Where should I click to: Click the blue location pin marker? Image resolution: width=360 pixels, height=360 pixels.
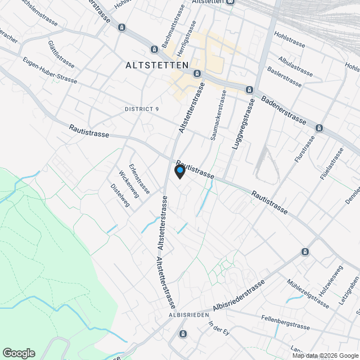pyautogui.click(x=179, y=171)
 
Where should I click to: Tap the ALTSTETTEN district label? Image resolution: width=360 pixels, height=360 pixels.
pyautogui.click(x=155, y=65)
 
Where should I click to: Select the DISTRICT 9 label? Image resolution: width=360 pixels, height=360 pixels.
pyautogui.click(x=142, y=109)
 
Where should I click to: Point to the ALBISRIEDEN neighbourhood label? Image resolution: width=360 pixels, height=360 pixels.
pyautogui.click(x=189, y=314)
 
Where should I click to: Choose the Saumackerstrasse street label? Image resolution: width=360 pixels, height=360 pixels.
pyautogui.click(x=219, y=115)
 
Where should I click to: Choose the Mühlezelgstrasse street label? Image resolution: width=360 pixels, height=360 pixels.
pyautogui.click(x=307, y=293)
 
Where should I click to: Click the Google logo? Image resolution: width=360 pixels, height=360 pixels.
pyautogui.click(x=18, y=353)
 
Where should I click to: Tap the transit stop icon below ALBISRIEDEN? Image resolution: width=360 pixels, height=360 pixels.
pyautogui.click(x=183, y=334)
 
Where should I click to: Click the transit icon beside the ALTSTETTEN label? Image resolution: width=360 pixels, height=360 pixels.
pyautogui.click(x=196, y=73)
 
